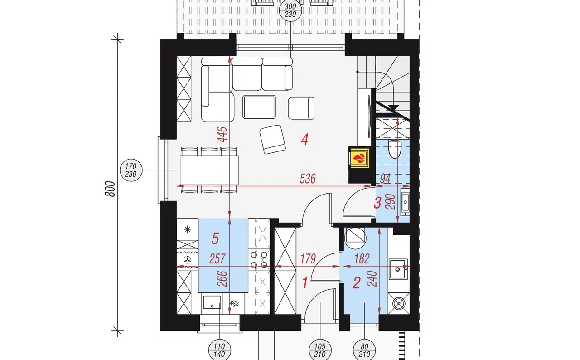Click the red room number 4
click(304, 140)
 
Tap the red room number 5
click(215, 238)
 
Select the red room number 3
click(377, 203)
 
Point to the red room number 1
click(305, 282)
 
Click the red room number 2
click(357, 282)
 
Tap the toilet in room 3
click(395, 149)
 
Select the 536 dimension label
click(308, 179)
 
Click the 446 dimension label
click(222, 134)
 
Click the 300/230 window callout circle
click(290, 10)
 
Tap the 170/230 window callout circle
click(131, 170)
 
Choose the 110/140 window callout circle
click(220, 350)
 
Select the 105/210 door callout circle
click(320, 350)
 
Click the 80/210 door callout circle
click(364, 350)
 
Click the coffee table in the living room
click(259, 107)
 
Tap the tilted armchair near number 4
click(273, 139)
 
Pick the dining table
click(209, 170)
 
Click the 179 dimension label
click(308, 259)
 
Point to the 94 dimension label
click(385, 179)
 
